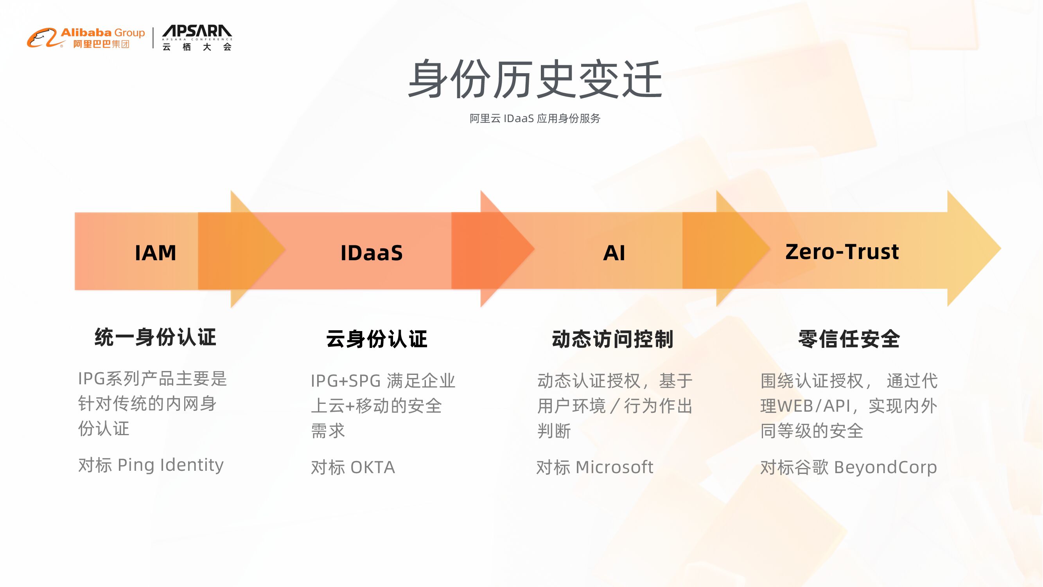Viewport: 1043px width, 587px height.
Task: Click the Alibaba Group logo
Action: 86,38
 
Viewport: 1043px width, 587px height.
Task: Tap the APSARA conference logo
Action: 197,38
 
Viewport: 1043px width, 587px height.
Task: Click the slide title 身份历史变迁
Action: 535,79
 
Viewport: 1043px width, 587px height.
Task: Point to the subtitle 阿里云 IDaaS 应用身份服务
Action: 535,119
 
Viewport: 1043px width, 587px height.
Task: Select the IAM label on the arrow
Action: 156,253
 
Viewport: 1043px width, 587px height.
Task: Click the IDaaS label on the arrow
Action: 371,253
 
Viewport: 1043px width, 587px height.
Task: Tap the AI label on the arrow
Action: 614,253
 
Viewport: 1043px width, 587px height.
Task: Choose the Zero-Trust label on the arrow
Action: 842,252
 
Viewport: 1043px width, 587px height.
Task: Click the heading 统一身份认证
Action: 156,337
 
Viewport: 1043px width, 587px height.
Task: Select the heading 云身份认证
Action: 377,339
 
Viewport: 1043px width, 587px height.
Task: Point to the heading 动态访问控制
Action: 612,339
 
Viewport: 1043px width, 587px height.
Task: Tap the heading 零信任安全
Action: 849,339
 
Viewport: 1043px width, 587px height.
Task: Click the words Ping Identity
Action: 170,465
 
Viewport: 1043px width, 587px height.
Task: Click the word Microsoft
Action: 614,467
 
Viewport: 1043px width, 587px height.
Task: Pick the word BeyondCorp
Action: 885,467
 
